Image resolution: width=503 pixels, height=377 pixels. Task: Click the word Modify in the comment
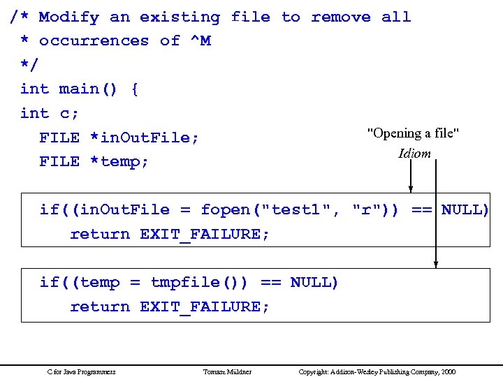[68, 17]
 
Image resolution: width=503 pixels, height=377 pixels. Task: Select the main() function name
[89, 89]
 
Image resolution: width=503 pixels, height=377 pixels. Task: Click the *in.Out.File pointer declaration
[145, 138]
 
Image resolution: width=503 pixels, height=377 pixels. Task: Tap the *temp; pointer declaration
[119, 161]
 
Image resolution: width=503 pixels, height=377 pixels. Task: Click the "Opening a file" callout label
[413, 133]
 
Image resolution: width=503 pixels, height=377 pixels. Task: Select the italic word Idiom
[414, 154]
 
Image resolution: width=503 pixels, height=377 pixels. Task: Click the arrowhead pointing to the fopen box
[411, 187]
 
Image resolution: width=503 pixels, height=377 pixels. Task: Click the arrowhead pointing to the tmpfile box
[436, 263]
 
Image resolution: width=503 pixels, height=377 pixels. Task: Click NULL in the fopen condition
[464, 209]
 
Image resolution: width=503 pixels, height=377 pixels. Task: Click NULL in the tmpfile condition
[313, 282]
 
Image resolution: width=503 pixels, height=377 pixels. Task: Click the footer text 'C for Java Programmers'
[81, 372]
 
